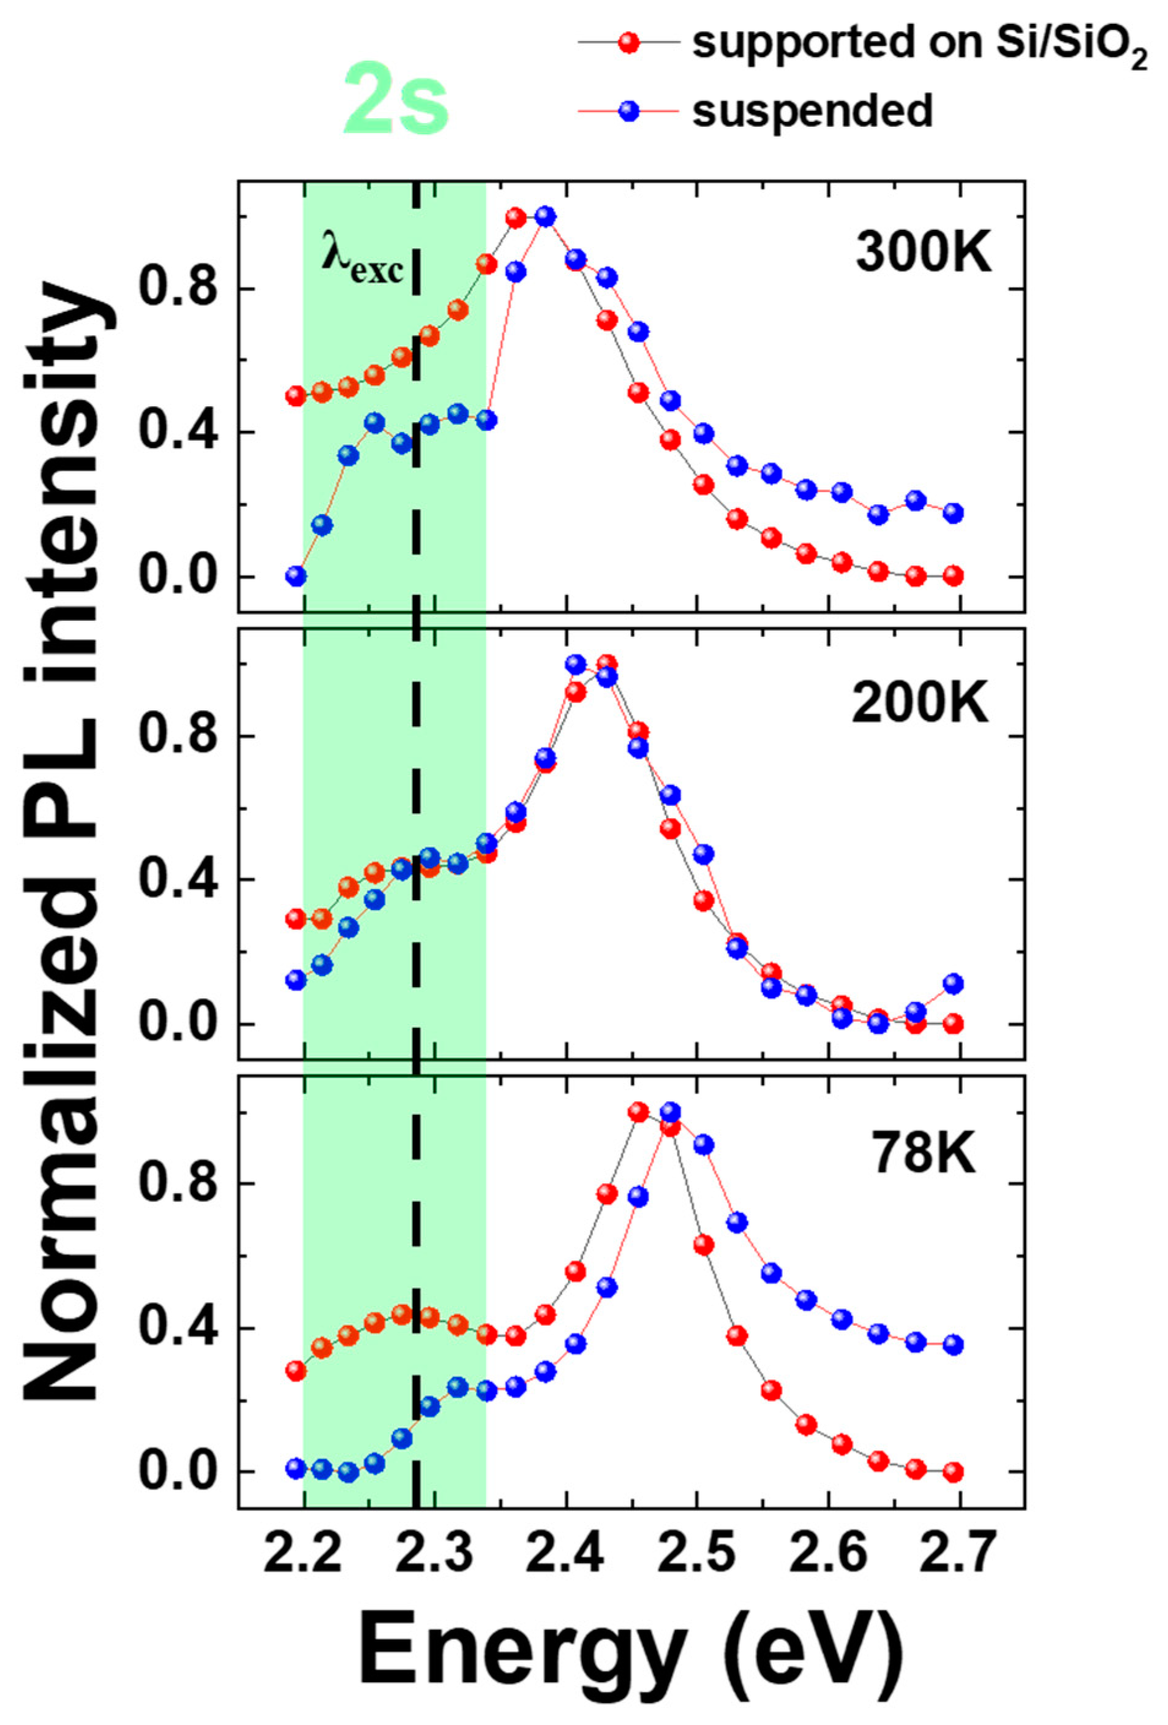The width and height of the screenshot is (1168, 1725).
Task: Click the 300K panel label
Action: [x=923, y=254]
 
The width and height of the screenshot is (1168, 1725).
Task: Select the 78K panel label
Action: [x=924, y=1153]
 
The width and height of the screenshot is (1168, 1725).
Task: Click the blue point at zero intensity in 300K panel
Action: [x=296, y=576]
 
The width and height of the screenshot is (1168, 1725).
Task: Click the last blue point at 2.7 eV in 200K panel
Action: [x=954, y=984]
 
